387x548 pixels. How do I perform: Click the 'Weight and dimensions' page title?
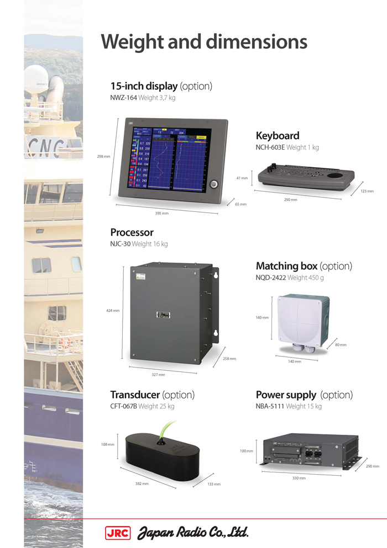click(x=203, y=42)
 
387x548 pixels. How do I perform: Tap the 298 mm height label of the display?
click(x=103, y=157)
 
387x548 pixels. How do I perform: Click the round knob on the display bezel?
click(x=213, y=183)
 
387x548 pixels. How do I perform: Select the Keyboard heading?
click(x=278, y=136)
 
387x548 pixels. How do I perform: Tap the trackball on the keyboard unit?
click(x=334, y=175)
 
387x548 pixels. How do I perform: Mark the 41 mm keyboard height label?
click(x=242, y=178)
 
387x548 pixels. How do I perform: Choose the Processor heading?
click(x=132, y=232)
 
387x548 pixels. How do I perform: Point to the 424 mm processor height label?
click(x=113, y=311)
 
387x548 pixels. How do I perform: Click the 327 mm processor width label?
click(x=158, y=375)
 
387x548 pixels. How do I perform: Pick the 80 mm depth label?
click(x=341, y=345)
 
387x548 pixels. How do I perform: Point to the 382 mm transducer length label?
click(x=142, y=484)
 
